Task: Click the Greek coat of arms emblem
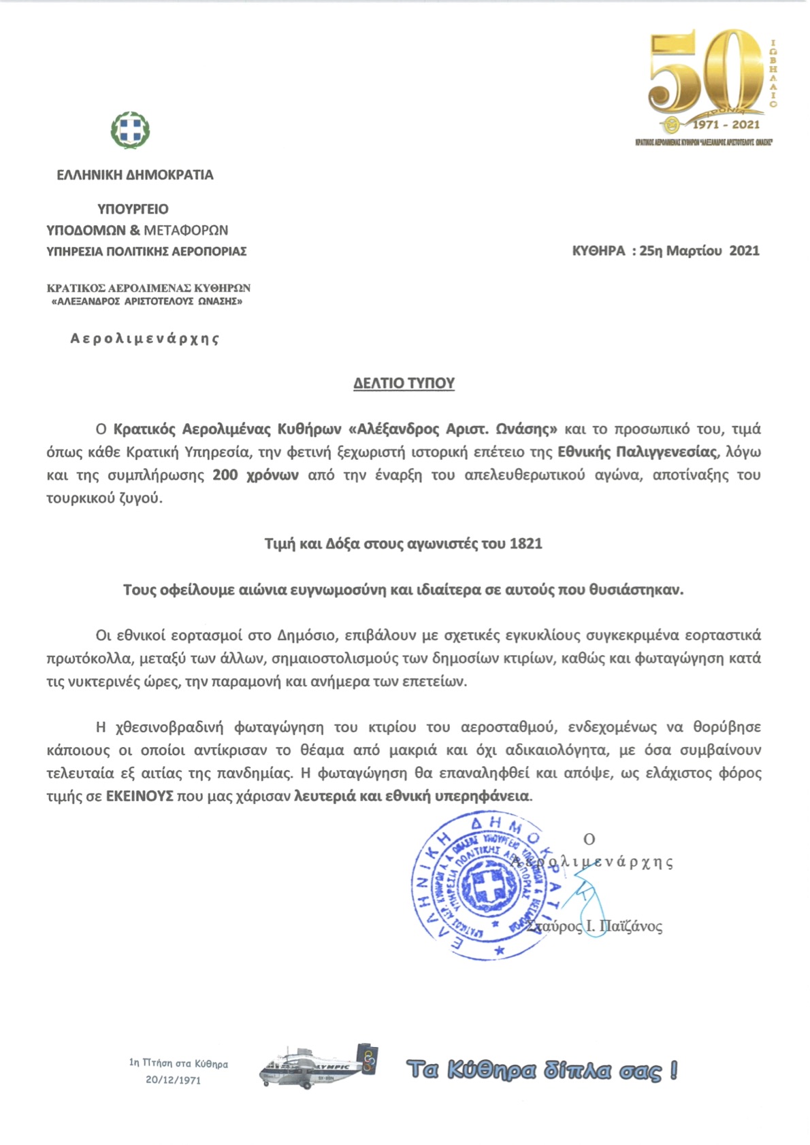pyautogui.click(x=130, y=129)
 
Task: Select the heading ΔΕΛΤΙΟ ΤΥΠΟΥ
pyautogui.click(x=404, y=383)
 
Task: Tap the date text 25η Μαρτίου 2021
pyautogui.click(x=699, y=250)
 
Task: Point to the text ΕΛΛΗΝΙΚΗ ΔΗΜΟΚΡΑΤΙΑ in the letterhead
pyautogui.click(x=135, y=175)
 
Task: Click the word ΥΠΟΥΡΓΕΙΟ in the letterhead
pyautogui.click(x=133, y=209)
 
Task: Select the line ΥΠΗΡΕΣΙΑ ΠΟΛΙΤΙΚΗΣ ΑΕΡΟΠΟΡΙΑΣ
pyautogui.click(x=146, y=251)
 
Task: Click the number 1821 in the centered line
pyautogui.click(x=525, y=544)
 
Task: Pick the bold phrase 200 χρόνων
pyautogui.click(x=255, y=475)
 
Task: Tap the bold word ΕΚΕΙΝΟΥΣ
pyautogui.click(x=140, y=796)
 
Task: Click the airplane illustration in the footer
pyautogui.click(x=318, y=1067)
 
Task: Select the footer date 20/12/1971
pyautogui.click(x=173, y=1080)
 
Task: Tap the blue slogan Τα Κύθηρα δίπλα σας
pyautogui.click(x=542, y=1070)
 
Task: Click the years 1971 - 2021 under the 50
pyautogui.click(x=726, y=125)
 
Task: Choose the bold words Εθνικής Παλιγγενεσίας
pyautogui.click(x=637, y=452)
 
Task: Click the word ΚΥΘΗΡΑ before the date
pyautogui.click(x=598, y=250)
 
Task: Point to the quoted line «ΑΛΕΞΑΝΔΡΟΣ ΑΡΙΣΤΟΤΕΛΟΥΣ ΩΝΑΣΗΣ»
pyautogui.click(x=147, y=301)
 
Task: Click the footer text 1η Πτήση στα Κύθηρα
pyautogui.click(x=178, y=1063)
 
